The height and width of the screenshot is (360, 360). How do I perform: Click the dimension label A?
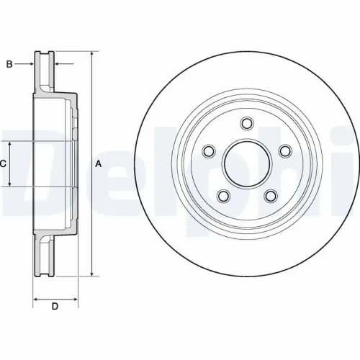pyautogui.click(x=99, y=164)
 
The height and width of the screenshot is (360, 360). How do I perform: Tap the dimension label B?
pyautogui.click(x=9, y=65)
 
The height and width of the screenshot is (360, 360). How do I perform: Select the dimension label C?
pyautogui.click(x=3, y=164)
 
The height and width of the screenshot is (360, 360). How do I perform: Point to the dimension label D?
pyautogui.click(x=55, y=307)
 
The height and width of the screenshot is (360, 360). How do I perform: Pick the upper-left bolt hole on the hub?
pyautogui.click(x=210, y=151)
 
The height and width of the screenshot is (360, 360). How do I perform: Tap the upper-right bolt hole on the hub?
pyautogui.click(x=284, y=150)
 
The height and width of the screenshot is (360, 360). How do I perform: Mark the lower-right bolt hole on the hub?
pyautogui.click(x=271, y=195)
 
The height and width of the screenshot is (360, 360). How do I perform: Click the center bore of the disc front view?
pyautogui.click(x=247, y=164)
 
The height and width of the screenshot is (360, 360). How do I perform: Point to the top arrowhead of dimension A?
pyautogui.click(x=92, y=55)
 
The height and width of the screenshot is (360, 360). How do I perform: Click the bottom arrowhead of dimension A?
pyautogui.click(x=92, y=274)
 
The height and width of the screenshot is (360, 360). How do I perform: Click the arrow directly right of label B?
pyautogui.click(x=30, y=65)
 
